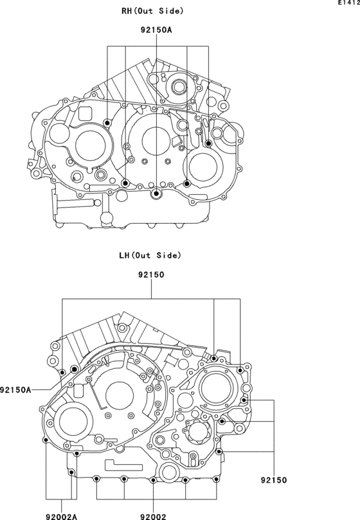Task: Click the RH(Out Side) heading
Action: click(152, 11)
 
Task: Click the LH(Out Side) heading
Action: click(150, 255)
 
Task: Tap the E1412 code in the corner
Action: click(349, 3)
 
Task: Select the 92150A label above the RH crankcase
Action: click(156, 30)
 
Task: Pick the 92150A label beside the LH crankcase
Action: click(15, 390)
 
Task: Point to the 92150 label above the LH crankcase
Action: click(151, 275)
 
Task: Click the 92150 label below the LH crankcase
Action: click(274, 480)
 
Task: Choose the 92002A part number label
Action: click(61, 516)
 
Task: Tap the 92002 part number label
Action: click(153, 516)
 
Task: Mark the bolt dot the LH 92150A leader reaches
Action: click(75, 369)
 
